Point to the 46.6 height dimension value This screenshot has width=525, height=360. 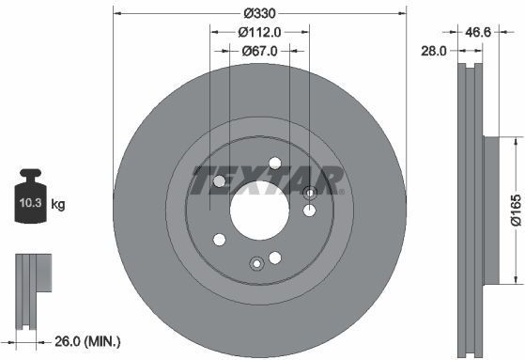point(480,31)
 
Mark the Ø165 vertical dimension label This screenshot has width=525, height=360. point(516,210)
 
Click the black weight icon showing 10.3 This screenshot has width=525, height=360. point(31,198)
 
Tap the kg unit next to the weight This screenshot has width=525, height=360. point(58,203)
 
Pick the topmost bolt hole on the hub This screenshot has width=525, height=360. point(273,162)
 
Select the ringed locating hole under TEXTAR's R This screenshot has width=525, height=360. point(310,193)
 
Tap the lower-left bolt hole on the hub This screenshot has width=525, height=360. point(220,239)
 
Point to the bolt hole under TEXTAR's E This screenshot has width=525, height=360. point(220,181)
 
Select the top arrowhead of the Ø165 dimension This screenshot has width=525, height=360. point(516,140)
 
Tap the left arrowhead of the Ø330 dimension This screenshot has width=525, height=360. point(116,12)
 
